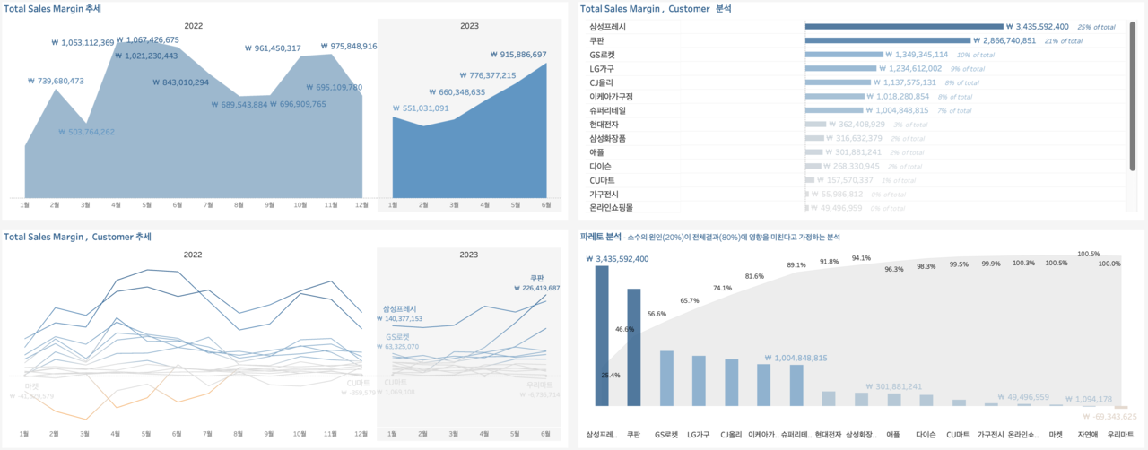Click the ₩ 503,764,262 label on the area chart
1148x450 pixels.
click(x=86, y=132)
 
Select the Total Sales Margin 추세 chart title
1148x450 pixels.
click(x=52, y=9)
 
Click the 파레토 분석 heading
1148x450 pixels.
click(x=601, y=237)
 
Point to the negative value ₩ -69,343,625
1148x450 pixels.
click(x=1109, y=417)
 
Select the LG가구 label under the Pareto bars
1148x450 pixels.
click(x=698, y=435)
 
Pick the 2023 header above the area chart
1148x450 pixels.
click(x=469, y=27)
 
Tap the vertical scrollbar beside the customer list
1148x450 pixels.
click(x=1133, y=90)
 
